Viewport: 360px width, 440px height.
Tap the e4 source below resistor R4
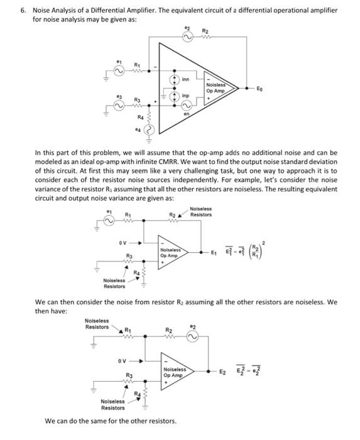pos(149,130)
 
